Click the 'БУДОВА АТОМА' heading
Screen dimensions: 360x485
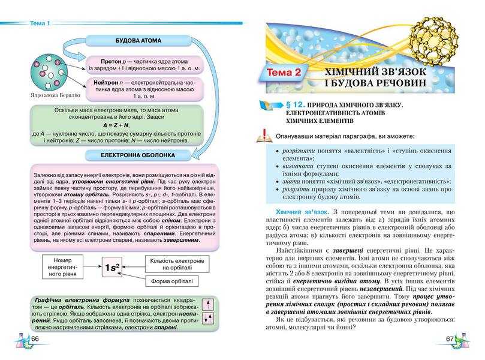click(138, 41)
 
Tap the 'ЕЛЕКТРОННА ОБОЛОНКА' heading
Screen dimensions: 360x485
click(138, 155)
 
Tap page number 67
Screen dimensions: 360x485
click(450, 340)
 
